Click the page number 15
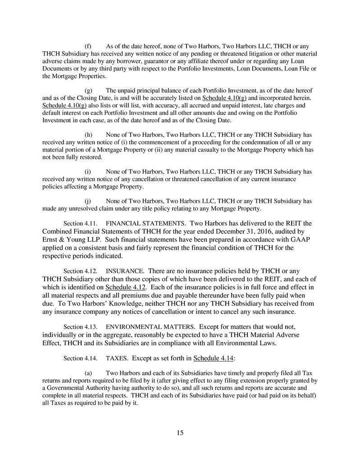pyautogui.click(x=180, y=433)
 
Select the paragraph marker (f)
pyautogui.click(x=88, y=46)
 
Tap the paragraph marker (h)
pyautogui.click(x=88, y=135)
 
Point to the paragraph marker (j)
pyautogui.click(x=88, y=201)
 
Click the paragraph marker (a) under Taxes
pyautogui.click(x=88, y=373)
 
